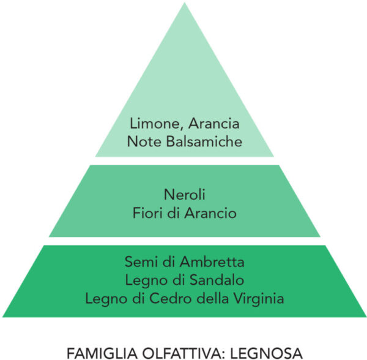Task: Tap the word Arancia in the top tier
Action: pos(214,123)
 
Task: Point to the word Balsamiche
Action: pos(204,141)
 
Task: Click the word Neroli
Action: pos(185,195)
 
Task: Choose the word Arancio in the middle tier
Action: pos(210,213)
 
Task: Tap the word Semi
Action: pos(141,261)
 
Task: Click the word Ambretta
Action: pos(212,261)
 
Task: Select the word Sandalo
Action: pos(217,280)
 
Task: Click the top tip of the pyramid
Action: pos(185,2)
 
